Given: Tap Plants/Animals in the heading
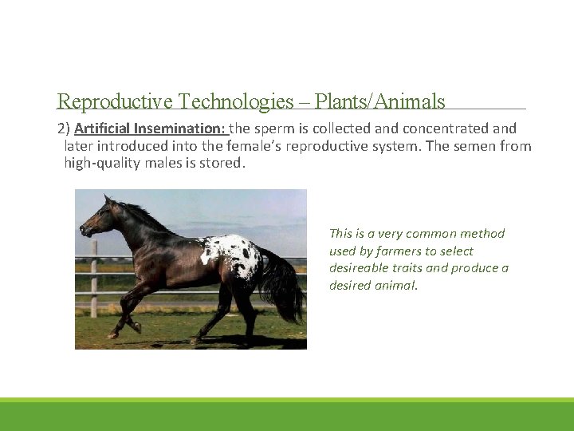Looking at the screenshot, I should point(379,102).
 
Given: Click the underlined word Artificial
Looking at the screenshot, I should point(102,129).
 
